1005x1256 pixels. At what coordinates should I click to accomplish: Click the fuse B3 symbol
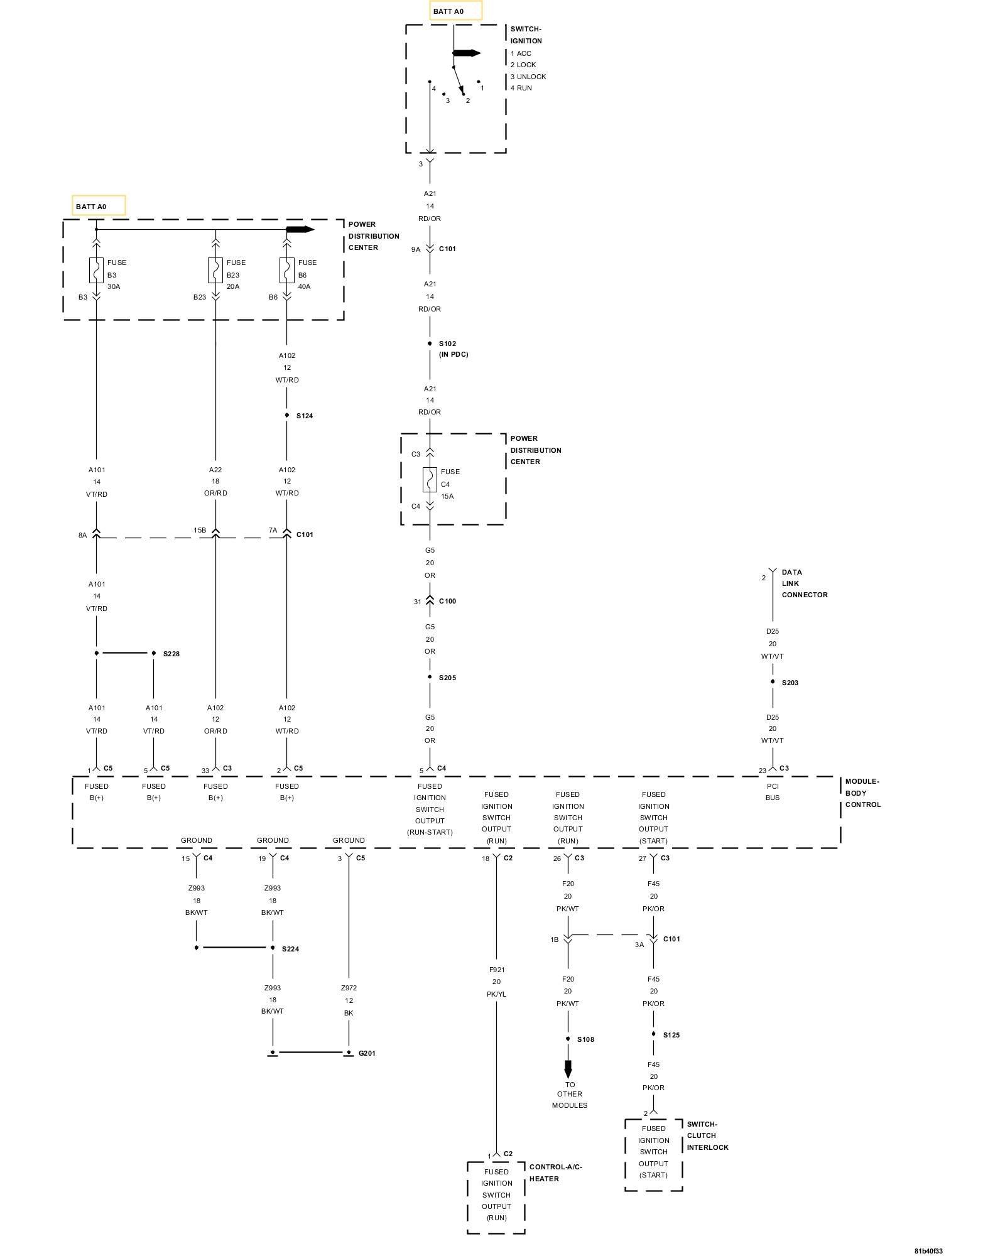[96, 270]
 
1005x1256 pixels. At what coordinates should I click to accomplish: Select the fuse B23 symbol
[215, 270]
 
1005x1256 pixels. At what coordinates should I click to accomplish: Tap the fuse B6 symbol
[287, 270]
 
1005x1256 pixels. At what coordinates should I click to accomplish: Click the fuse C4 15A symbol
[430, 480]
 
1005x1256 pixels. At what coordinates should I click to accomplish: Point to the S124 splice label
[305, 416]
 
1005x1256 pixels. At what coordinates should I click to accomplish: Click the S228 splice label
[171, 654]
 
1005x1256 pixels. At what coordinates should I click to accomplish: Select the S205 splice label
[447, 678]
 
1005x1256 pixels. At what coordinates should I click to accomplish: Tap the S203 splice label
[790, 683]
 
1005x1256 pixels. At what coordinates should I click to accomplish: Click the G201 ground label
[367, 1053]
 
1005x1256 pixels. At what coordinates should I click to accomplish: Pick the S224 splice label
[290, 949]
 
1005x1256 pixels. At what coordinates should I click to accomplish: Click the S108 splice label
[585, 1039]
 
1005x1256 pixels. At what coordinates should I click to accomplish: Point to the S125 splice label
[671, 1035]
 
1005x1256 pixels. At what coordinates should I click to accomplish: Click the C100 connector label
[447, 601]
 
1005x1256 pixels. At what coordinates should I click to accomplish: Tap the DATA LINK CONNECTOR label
[804, 583]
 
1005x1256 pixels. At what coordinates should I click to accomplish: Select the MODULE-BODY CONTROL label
[862, 793]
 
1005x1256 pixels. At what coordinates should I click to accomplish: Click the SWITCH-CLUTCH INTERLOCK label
[707, 1135]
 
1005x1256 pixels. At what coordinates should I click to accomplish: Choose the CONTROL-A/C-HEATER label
[555, 1172]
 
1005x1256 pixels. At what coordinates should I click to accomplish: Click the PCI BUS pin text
[773, 792]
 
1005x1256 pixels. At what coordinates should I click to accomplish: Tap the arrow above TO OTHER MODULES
[568, 1069]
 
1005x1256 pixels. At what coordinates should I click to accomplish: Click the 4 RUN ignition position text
[521, 88]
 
